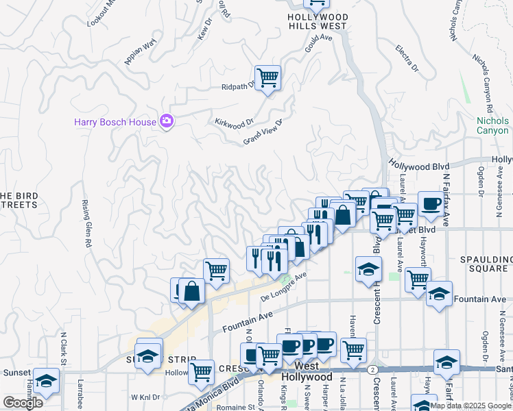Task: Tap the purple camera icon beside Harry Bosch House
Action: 166,122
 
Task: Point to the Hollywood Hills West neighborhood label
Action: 317,21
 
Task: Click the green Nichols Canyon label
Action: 492,125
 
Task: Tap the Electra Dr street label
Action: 406,58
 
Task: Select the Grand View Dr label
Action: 263,132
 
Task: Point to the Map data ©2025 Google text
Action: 470,406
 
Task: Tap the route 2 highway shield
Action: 372,369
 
